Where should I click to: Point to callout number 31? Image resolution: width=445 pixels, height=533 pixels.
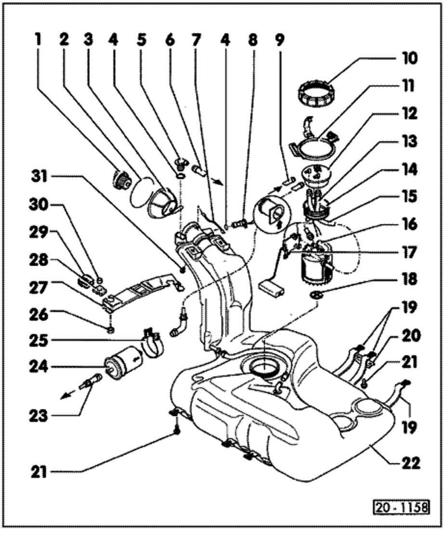pos(39,176)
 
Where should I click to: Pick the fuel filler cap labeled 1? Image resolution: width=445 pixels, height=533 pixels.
pos(122,181)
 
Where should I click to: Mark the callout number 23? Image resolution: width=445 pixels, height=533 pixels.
pos(39,416)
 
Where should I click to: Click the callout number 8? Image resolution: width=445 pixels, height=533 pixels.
pos(253,40)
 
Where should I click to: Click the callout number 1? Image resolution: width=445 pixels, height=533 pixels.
pos(38,40)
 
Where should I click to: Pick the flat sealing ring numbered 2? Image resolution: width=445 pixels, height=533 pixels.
pos(142,193)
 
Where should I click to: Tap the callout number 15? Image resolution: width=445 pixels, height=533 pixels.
pos(409,196)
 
